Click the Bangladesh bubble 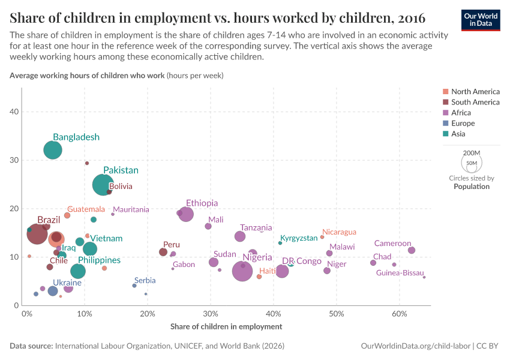click(x=53, y=150)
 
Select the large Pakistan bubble click(x=104, y=184)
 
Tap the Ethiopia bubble click(x=186, y=214)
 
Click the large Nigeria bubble click(x=242, y=271)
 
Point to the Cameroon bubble click(x=411, y=250)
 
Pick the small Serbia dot click(x=134, y=286)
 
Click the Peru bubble click(x=163, y=252)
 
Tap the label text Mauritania click(x=131, y=210)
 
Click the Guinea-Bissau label click(x=400, y=273)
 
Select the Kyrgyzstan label click(x=299, y=238)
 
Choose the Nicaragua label click(x=339, y=232)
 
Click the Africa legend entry click(x=461, y=113)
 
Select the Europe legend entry click(x=463, y=124)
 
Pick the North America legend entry click(x=475, y=92)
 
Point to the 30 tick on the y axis click(x=14, y=160)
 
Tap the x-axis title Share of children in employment click(x=226, y=326)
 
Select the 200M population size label click(x=471, y=153)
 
